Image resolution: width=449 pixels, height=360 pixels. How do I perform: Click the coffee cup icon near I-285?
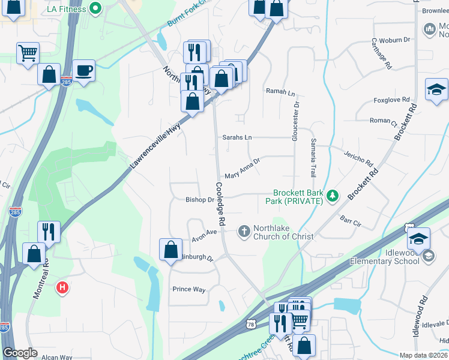83,70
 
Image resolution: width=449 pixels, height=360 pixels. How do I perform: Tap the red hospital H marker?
62,288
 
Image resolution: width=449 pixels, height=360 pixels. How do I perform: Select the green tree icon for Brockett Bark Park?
331,196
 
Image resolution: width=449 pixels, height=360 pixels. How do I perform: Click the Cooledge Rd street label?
220,203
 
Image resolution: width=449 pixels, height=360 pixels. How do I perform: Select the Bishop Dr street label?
200,199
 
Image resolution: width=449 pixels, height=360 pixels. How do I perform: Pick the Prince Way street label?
189,289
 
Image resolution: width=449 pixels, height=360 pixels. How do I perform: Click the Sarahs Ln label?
237,137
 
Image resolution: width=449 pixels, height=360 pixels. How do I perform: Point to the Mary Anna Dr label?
242,169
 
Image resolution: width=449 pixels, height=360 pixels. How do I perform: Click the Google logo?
20,353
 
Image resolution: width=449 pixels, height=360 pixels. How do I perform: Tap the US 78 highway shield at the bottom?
251,323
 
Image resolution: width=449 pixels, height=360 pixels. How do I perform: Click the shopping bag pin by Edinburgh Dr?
170,248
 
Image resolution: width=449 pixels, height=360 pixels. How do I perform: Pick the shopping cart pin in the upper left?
28,53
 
